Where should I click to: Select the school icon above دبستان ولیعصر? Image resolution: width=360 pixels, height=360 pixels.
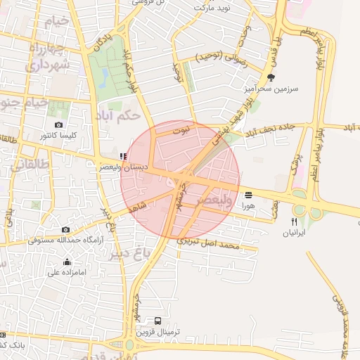click(x=124, y=157)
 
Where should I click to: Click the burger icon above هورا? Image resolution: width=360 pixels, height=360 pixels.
click(x=248, y=195)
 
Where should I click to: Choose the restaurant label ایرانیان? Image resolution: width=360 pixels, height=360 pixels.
click(x=295, y=233)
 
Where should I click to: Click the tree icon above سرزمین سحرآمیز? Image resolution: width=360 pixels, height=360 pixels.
click(x=271, y=78)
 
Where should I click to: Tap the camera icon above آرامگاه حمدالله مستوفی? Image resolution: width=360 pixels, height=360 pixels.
click(x=65, y=229)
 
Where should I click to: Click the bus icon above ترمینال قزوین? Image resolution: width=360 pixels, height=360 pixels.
click(x=157, y=321)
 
